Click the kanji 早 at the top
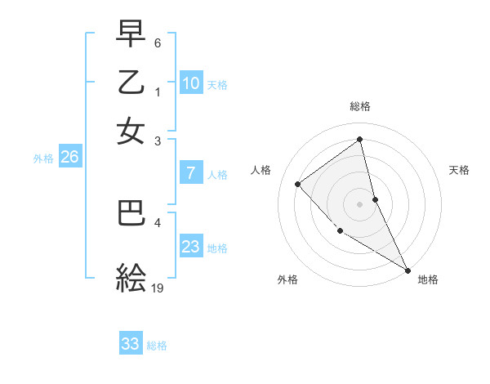pos(131,35)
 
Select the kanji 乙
pos(131,83)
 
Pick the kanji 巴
pos(131,213)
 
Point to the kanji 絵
pos(131,279)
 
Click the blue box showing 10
pos(190,83)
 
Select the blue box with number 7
pos(190,173)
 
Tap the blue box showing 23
pos(190,247)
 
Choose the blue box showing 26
pos(69,157)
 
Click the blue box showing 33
pos(131,344)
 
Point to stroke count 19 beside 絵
pos(158,288)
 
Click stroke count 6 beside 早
pos(158,42)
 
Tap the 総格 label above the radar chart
pos(359,106)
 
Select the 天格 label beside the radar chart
pos(459,170)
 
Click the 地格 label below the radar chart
pos(428,280)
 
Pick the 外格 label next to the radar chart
pos(287,280)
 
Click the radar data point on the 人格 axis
pos(298,184)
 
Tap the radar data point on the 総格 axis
pos(359,140)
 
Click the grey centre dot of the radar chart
pos(359,204)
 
